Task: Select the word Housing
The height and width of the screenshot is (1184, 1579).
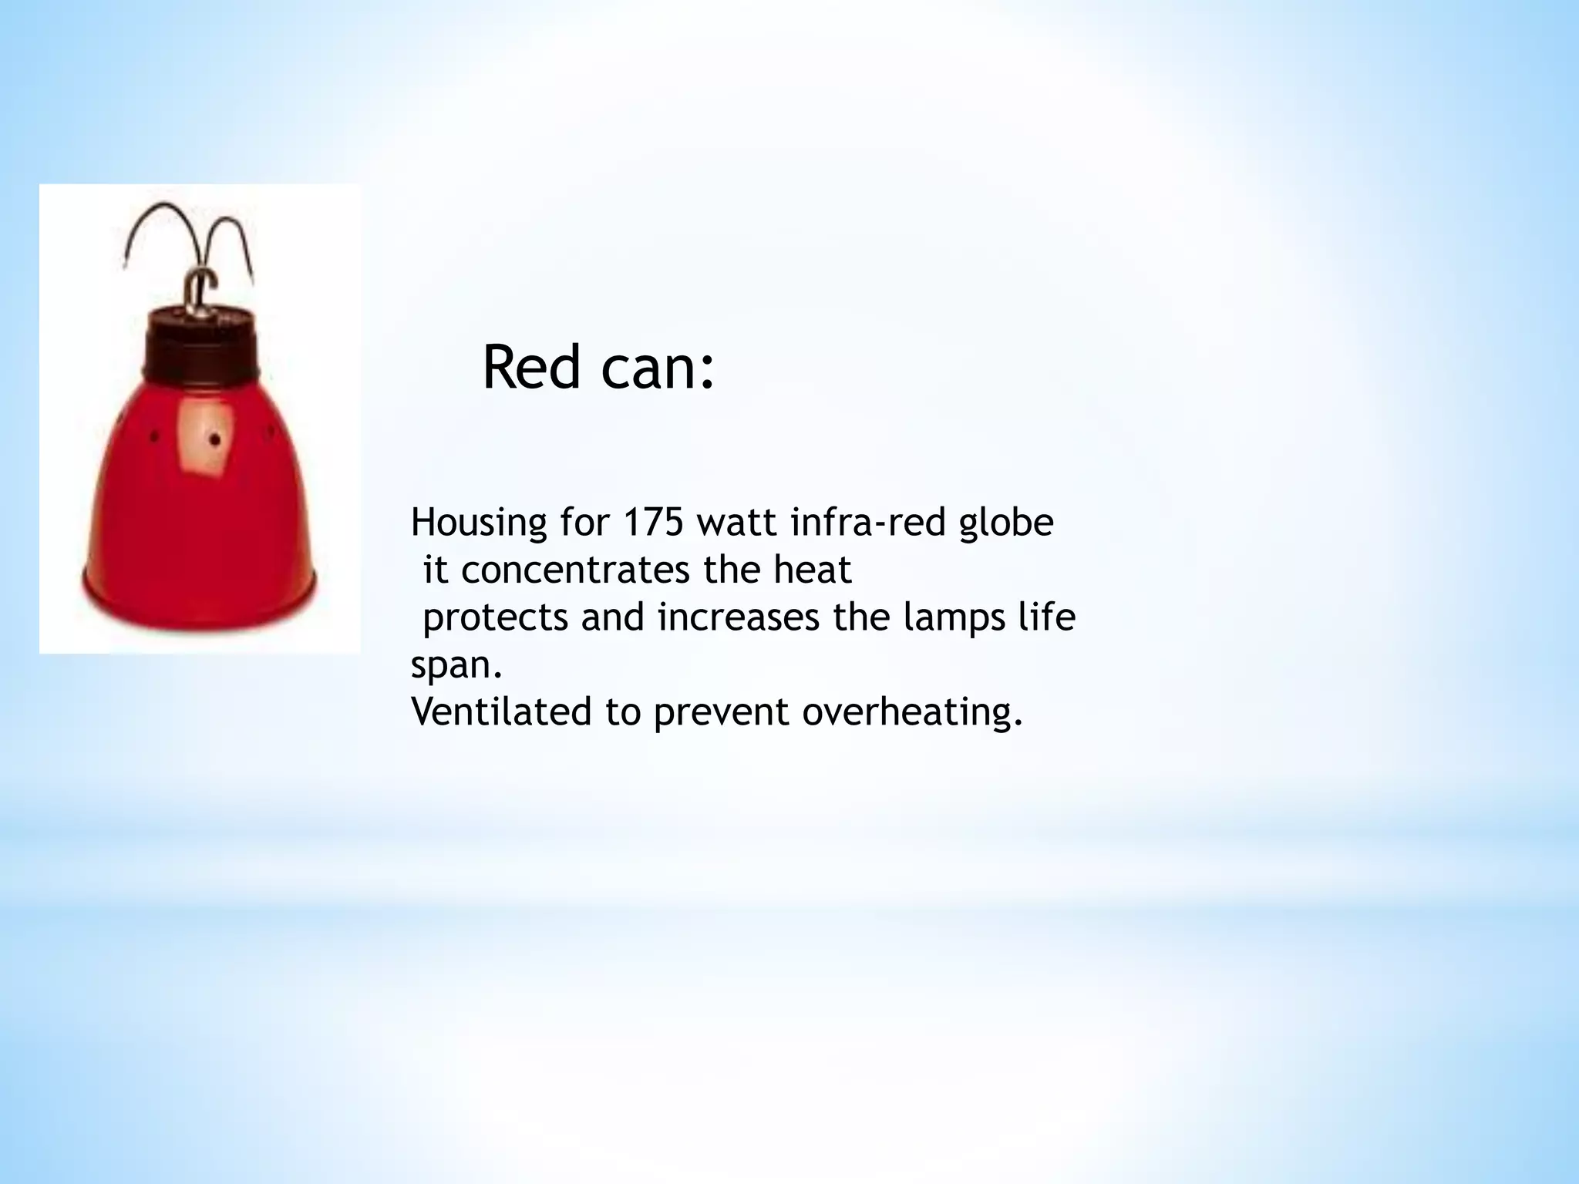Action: [x=474, y=524]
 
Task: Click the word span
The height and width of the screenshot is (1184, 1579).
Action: [x=455, y=665]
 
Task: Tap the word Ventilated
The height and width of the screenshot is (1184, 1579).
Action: [x=501, y=711]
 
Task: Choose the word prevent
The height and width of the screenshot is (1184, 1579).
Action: [x=722, y=711]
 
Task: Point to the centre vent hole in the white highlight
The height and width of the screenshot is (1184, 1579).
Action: [x=215, y=441]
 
